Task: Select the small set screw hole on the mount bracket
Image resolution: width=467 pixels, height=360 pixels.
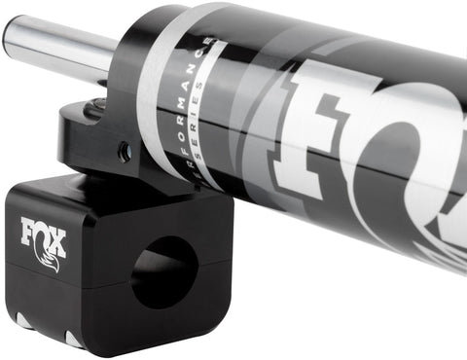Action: click(x=124, y=151)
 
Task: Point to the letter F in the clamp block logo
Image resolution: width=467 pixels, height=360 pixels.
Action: click(x=28, y=234)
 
